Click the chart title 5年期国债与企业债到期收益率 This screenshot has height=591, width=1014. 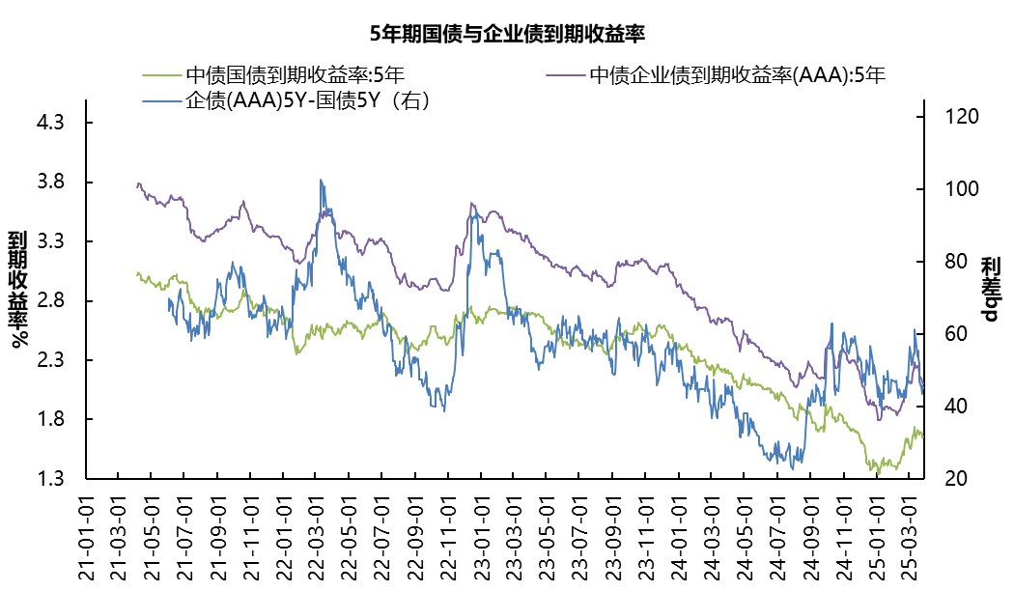pos(507,34)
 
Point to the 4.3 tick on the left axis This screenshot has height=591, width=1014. pos(49,124)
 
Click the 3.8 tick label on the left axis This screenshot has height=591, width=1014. pos(49,183)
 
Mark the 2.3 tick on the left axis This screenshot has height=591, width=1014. pos(49,360)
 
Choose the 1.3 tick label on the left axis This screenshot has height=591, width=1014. pos(49,479)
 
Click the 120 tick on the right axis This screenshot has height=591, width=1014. pos(950,117)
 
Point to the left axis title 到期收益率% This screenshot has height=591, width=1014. pos(18,290)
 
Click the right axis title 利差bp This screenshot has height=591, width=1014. pos(991,290)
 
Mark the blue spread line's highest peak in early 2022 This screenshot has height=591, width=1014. pos(321,180)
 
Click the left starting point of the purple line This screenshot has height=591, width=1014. pos(137,183)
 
